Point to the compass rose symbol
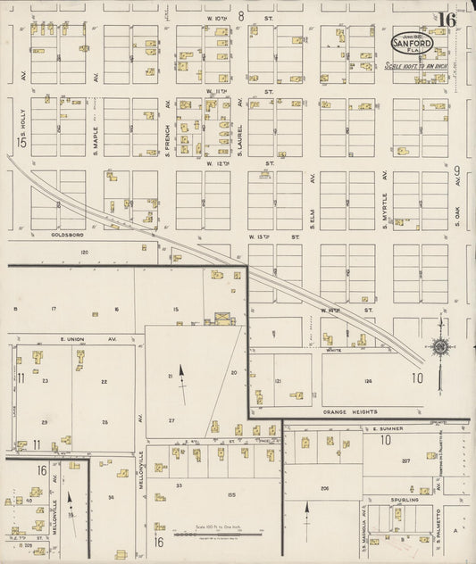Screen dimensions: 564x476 [439, 345]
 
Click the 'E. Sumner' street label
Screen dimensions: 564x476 [389, 429]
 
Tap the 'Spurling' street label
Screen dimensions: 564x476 [403, 501]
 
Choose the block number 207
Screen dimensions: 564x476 [405, 460]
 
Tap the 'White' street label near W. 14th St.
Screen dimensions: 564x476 [334, 350]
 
